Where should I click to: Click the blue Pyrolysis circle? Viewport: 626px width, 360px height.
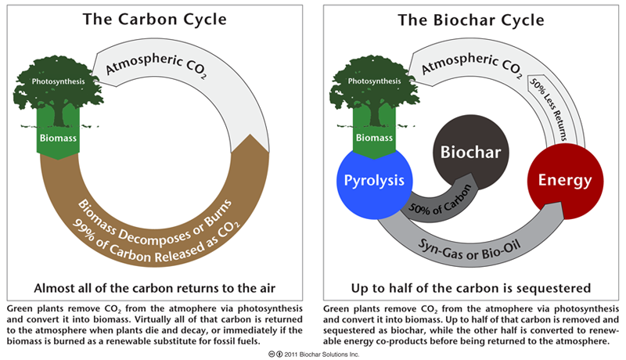click(x=375, y=182)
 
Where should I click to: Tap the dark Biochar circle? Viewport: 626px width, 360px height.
click(x=471, y=153)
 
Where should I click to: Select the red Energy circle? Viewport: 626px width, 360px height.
click(x=565, y=182)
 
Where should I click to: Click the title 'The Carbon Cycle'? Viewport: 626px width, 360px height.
click(x=154, y=19)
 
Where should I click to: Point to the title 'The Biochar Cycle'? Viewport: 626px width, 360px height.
click(x=471, y=20)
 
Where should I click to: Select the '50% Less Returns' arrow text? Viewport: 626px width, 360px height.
click(x=549, y=109)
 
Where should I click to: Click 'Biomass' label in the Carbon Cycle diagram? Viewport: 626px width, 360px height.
click(x=58, y=138)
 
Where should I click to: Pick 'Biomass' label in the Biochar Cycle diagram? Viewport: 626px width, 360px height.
click(x=374, y=138)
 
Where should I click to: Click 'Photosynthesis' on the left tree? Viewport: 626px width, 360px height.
click(x=58, y=81)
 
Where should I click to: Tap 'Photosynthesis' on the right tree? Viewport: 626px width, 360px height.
click(x=374, y=81)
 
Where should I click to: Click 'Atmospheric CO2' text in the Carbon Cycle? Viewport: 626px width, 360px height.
click(x=156, y=65)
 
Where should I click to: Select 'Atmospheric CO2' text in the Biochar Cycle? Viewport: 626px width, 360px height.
click(x=472, y=65)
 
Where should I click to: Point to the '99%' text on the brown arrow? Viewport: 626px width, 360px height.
click(x=83, y=230)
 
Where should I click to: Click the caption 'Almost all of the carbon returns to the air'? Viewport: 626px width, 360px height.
click(x=154, y=288)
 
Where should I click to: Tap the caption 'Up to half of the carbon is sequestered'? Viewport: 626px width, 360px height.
click(x=471, y=288)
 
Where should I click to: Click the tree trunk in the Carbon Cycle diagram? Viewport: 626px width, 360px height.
click(x=58, y=115)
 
